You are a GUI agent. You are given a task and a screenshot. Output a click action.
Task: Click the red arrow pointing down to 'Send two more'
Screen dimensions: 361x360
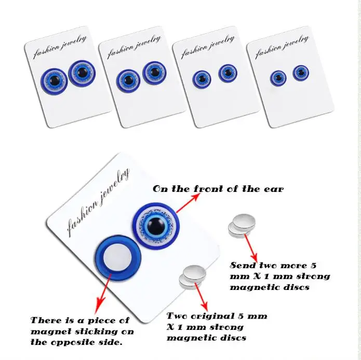click(250, 249)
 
